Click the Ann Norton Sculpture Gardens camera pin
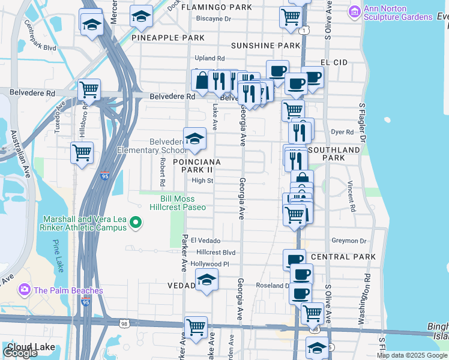(x=355, y=11)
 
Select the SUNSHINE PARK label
(x=265, y=46)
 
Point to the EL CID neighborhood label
(x=334, y=62)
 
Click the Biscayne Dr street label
(x=214, y=19)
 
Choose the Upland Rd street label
(x=209, y=58)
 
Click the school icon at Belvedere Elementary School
(x=194, y=139)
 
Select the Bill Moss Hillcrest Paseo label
(x=182, y=203)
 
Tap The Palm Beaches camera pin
(x=25, y=290)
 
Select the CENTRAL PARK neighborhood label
(x=343, y=257)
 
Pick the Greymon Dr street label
(x=345, y=240)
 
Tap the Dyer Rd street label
(x=342, y=131)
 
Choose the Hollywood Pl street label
(x=209, y=263)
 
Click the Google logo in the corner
(x=20, y=353)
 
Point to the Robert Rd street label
(x=162, y=172)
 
